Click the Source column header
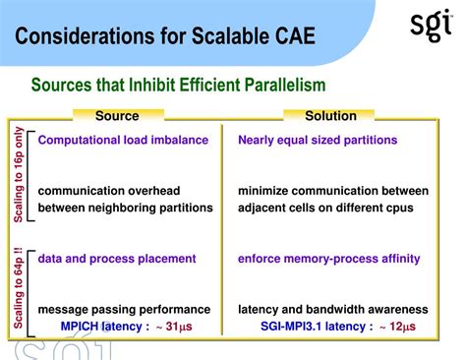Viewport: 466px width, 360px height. pos(117,116)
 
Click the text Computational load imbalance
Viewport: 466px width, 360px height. pos(123,140)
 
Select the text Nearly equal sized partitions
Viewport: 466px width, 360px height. pos(318,140)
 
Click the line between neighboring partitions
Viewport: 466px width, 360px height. pos(125,208)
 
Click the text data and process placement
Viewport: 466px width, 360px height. pos(117,259)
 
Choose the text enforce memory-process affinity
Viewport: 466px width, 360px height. pos(328,259)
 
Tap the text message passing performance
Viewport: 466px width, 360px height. pos(124,309)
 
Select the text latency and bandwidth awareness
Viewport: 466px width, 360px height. pos(332,309)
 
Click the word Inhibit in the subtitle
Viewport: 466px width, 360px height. pos(146,86)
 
